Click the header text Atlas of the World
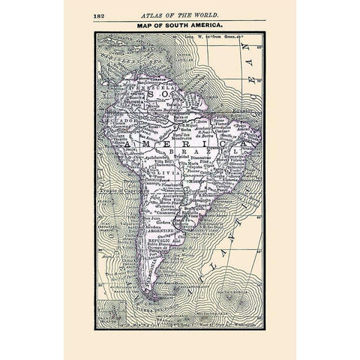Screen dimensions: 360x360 pos(180,15)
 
